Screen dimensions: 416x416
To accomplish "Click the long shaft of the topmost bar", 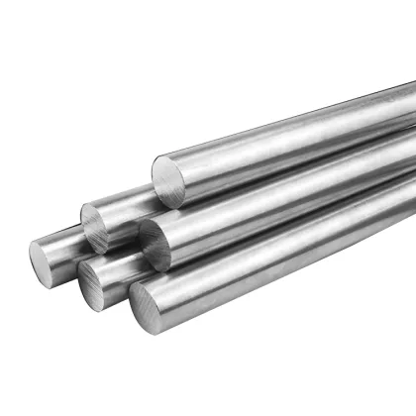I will (x=297, y=134).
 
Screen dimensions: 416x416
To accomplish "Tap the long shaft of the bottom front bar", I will (x=297, y=253).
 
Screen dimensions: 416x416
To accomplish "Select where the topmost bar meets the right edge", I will (x=412, y=104).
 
